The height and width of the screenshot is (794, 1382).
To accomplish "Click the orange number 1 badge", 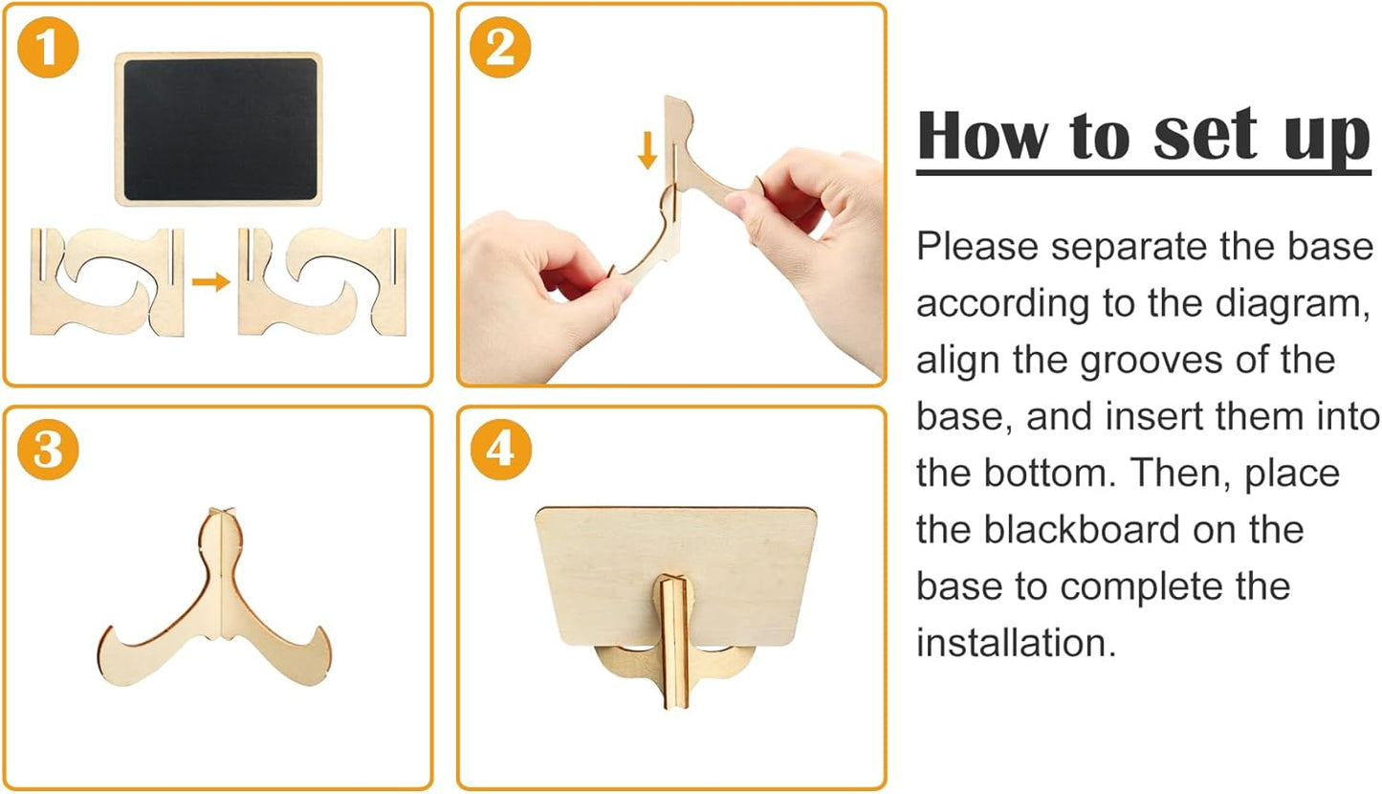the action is point(48,48).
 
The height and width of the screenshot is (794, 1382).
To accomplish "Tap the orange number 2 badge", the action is point(500,48).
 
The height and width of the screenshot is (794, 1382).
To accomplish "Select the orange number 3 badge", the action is point(48,449).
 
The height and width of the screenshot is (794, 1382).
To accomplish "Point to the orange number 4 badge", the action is point(500,449).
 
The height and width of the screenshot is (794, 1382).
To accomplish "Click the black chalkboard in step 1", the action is point(219,129).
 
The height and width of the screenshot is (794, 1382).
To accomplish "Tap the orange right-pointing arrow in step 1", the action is point(211,282).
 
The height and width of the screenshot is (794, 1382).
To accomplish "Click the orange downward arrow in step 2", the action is point(647,150).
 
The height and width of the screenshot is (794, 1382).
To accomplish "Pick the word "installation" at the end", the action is point(1016,643).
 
